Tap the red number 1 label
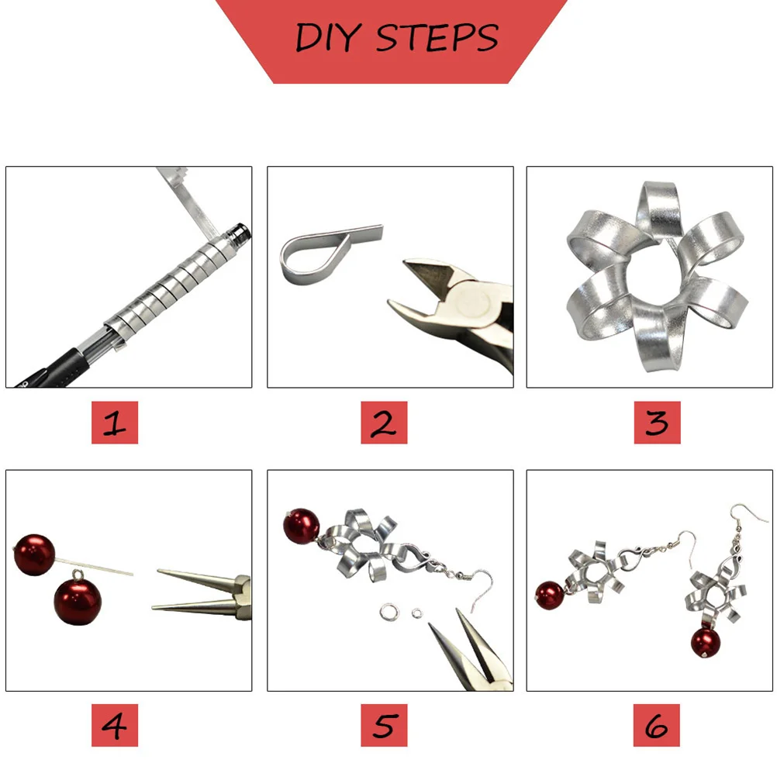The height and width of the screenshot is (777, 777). click(x=115, y=423)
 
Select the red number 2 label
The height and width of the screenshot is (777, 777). click(x=384, y=423)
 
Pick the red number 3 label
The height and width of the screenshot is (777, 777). click(x=657, y=423)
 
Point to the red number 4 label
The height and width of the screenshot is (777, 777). click(x=115, y=726)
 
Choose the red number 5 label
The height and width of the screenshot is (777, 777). click(x=384, y=726)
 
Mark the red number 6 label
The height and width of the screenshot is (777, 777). click(x=657, y=726)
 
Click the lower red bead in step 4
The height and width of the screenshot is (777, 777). click(x=77, y=597)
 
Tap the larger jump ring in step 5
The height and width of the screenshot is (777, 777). click(x=390, y=613)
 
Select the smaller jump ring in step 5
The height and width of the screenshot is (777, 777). click(x=417, y=614)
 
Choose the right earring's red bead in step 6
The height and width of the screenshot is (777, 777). click(x=706, y=641)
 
